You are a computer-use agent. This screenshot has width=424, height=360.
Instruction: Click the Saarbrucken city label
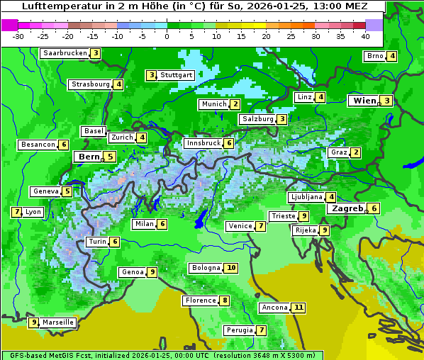click(65, 53)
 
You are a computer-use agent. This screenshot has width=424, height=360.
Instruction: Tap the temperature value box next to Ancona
click(299, 308)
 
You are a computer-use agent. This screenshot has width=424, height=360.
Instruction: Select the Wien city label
click(364, 101)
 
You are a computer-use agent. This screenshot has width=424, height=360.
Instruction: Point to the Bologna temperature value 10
click(230, 268)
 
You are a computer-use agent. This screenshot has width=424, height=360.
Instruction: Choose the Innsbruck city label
click(203, 143)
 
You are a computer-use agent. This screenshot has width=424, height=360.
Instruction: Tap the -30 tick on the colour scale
click(18, 35)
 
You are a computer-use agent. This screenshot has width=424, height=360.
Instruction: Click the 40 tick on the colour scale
click(365, 35)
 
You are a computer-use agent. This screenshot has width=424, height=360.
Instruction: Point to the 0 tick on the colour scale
click(167, 35)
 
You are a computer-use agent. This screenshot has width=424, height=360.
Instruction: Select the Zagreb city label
click(347, 208)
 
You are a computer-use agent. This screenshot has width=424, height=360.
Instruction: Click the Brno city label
click(374, 56)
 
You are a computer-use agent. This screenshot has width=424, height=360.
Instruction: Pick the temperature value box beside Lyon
click(16, 212)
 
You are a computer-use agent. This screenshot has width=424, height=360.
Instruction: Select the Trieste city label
click(283, 216)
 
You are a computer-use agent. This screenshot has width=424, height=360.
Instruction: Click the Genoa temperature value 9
click(152, 272)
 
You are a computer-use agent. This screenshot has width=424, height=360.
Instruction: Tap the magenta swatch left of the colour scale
click(9, 25)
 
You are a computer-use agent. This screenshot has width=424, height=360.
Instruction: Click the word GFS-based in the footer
click(24, 355)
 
